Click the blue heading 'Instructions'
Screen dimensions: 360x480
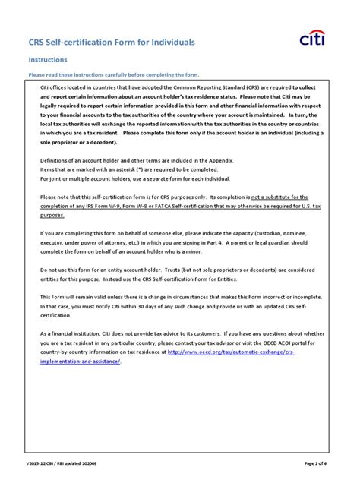(x=48, y=58)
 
